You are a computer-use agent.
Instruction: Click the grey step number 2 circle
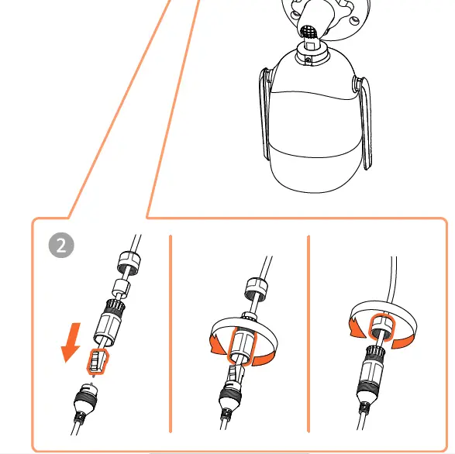point(61,246)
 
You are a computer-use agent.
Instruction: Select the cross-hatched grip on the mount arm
point(309,33)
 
